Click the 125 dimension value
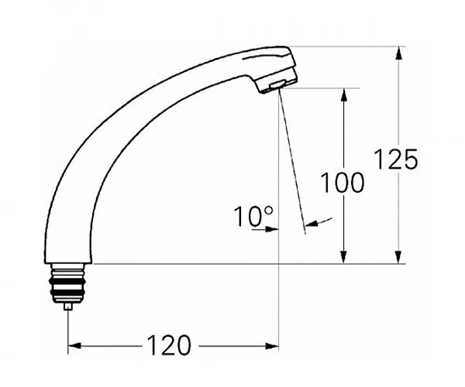(396, 159)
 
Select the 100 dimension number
(343, 183)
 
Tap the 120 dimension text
(169, 345)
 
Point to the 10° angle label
(253, 216)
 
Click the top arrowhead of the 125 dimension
(399, 53)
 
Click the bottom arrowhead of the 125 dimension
(399, 257)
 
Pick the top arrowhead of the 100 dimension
(343, 94)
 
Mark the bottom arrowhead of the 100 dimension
(343, 257)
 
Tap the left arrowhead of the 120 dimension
(74, 345)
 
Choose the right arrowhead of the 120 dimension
(272, 346)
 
